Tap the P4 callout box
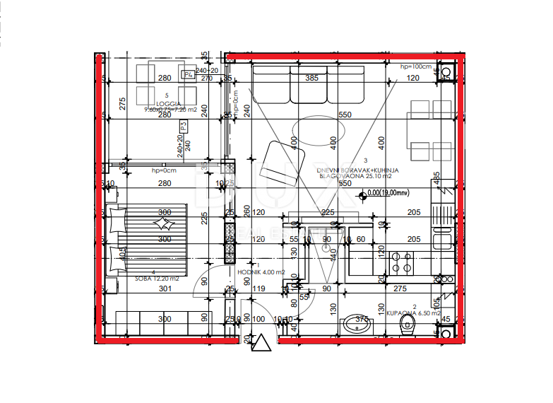(x=188, y=74)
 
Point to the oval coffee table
(x=319, y=130)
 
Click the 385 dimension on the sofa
(x=311, y=78)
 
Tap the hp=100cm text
(x=415, y=66)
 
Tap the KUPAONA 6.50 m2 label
(x=413, y=313)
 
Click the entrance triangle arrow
(x=262, y=344)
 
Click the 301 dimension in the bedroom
(x=165, y=288)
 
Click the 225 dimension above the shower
(x=328, y=212)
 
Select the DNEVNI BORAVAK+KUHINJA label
(x=359, y=170)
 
